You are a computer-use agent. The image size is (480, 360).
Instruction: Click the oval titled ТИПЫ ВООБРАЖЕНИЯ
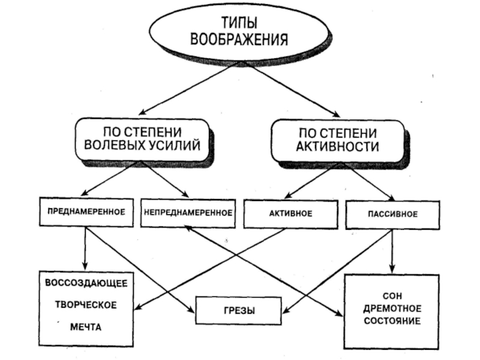239,32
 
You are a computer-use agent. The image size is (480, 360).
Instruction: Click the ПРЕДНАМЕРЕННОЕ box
86,212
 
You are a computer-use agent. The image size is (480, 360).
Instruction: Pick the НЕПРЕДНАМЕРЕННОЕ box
188,212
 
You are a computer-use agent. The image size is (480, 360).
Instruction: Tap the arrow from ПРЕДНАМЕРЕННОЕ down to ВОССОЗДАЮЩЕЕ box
86,248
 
